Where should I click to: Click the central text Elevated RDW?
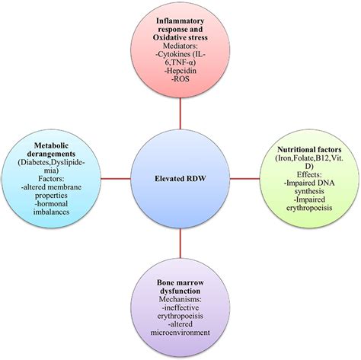click(x=180, y=180)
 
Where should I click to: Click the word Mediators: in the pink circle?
click(x=180, y=48)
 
